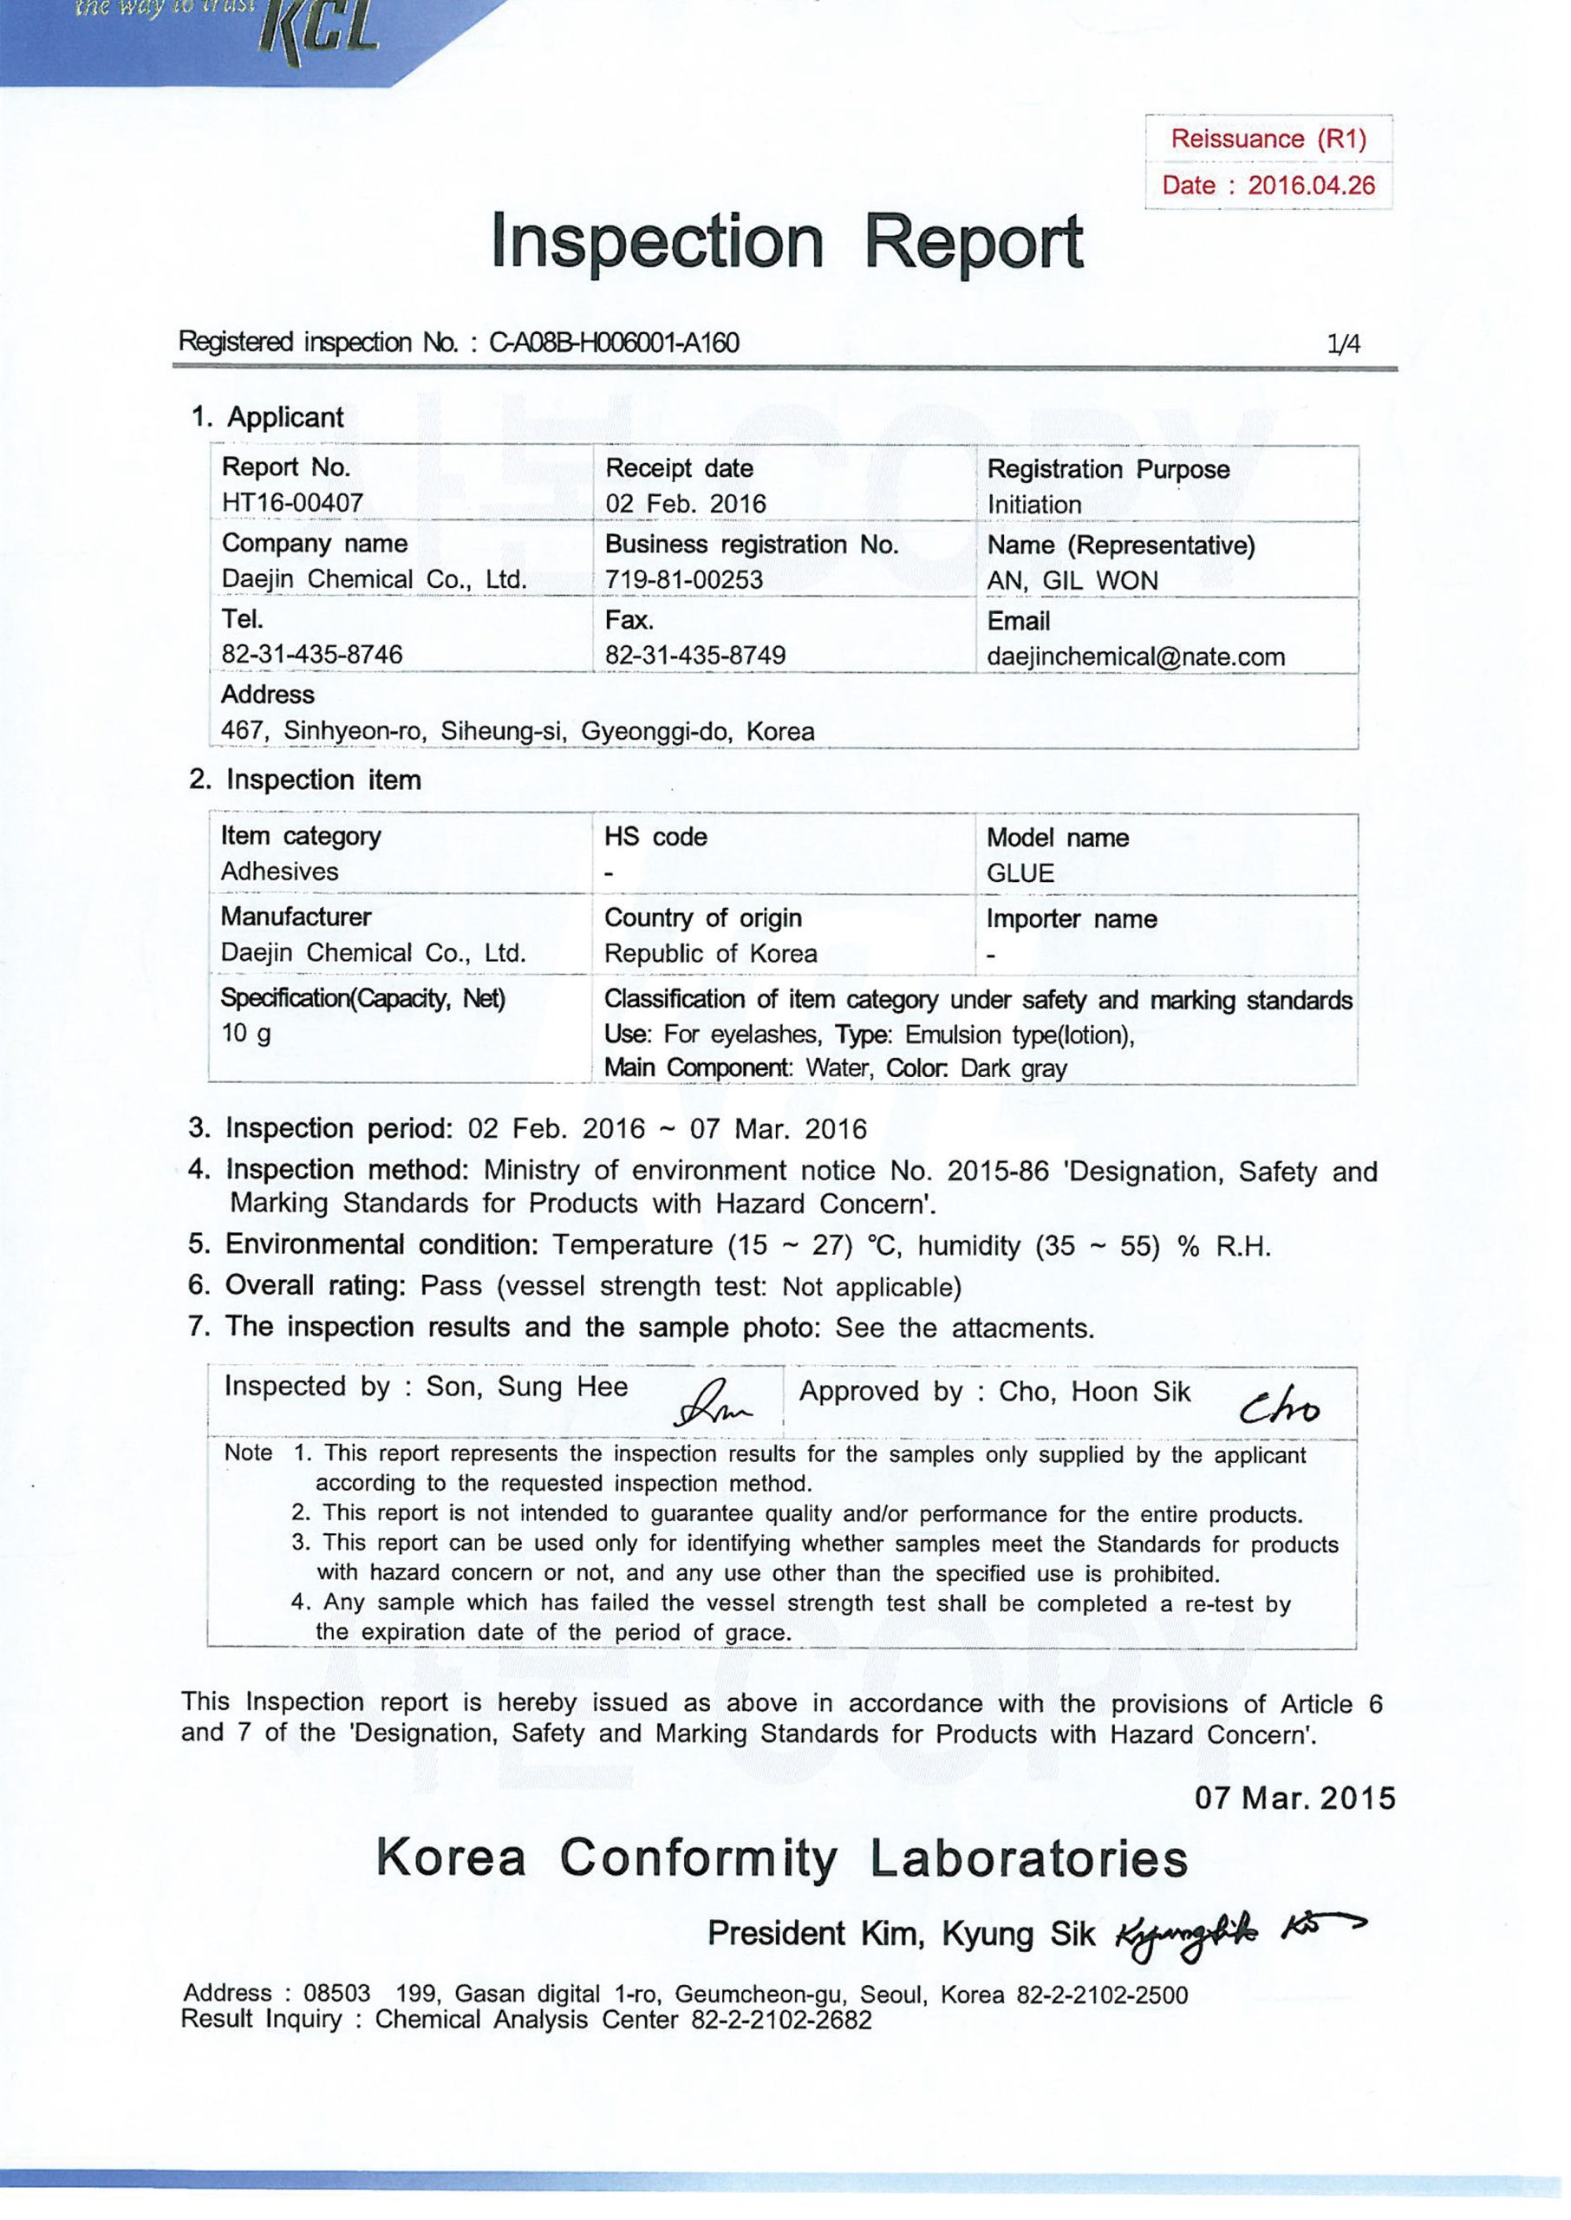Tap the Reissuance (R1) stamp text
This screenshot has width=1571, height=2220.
point(1268,140)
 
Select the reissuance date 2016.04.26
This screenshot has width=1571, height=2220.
point(1311,186)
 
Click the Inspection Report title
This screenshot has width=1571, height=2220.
point(786,242)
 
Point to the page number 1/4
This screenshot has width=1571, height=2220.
point(1344,343)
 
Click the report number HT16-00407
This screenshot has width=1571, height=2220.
point(292,503)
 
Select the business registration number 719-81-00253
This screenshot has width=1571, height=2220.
point(684,579)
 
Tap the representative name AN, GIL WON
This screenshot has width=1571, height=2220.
point(1072,580)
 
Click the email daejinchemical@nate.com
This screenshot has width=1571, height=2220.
point(1136,656)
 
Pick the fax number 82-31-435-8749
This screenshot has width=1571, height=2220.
point(694,655)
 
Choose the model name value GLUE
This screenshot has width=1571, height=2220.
point(1020,873)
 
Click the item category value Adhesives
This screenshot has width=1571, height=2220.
point(279,872)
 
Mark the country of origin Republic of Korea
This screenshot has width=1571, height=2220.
point(710,954)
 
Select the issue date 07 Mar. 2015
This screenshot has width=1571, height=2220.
point(1295,1798)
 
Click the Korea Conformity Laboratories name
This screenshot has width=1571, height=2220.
point(782,1859)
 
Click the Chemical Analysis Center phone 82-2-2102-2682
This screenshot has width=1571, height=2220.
point(780,2020)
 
